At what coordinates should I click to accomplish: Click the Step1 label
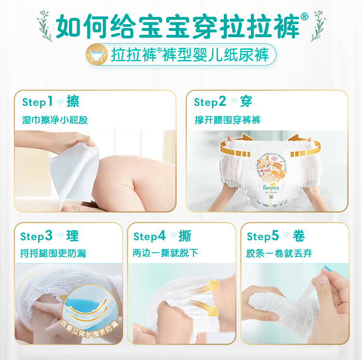tap(37, 102)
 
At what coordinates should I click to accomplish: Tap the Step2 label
tap(210, 101)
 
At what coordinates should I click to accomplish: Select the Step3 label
tap(36, 236)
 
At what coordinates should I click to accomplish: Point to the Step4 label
tap(150, 236)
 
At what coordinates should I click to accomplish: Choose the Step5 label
tap(263, 236)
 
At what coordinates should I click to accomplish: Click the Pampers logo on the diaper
tap(271, 187)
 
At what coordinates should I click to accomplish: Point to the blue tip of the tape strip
tap(328, 269)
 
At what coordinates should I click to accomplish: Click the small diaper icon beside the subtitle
tap(97, 55)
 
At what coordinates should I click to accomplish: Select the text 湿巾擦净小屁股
tap(55, 120)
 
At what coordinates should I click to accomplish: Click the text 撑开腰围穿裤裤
tap(227, 120)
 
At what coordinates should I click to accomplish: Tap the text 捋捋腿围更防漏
tap(53, 254)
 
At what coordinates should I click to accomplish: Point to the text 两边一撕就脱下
tap(165, 253)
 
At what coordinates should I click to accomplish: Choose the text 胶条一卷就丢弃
tap(279, 254)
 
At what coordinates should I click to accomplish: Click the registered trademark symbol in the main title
tap(304, 16)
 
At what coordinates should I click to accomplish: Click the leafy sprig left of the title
tap(45, 26)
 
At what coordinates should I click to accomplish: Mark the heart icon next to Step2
tap(234, 101)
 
